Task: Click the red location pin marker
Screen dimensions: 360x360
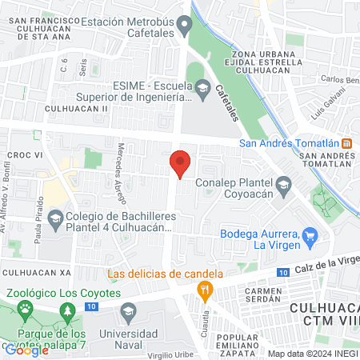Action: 181,163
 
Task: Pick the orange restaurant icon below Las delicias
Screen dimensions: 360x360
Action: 206,290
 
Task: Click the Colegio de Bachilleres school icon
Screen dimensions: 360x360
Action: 55,217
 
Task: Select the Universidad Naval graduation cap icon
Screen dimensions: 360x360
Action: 127,310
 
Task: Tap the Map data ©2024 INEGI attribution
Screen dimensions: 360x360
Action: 312,353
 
